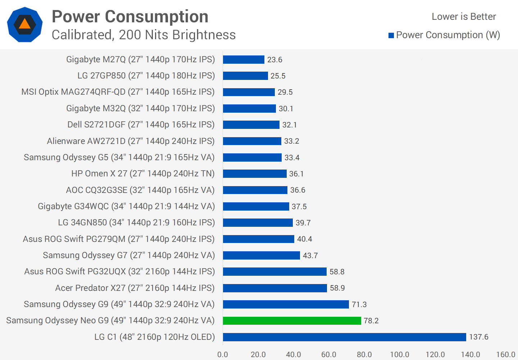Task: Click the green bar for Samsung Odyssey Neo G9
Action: (292, 321)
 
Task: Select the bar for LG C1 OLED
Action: (344, 337)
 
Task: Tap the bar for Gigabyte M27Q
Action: (244, 60)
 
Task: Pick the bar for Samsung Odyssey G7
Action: (261, 256)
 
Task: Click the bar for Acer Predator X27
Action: (275, 288)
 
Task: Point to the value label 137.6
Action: (478, 337)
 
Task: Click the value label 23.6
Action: (274, 60)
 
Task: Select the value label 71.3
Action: (359, 305)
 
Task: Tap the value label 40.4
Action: (304, 239)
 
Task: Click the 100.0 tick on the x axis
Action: (399, 355)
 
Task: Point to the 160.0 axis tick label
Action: (505, 355)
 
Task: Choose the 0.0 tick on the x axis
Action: (223, 355)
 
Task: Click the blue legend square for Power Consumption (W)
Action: (391, 35)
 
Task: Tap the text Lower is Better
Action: (464, 17)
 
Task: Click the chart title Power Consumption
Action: (130, 17)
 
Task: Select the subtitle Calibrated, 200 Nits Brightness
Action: (144, 35)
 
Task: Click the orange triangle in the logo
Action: (24, 24)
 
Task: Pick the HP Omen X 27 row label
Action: (143, 174)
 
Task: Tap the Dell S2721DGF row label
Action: (141, 125)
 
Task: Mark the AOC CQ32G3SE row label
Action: (140, 190)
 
